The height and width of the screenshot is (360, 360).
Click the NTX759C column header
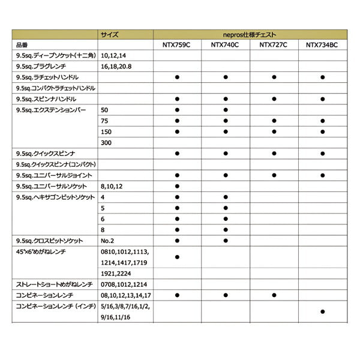point(178,45)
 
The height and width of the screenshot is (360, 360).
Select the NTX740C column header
point(226,45)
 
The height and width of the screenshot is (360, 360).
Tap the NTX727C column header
point(274,45)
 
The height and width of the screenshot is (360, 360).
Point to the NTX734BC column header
point(323,45)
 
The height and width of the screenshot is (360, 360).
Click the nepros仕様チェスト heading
point(250,35)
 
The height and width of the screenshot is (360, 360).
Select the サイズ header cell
point(110,35)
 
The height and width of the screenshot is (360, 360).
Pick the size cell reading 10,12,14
point(115,56)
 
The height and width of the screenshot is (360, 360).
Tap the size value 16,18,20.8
point(116,67)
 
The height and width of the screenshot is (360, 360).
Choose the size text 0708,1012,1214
point(125,284)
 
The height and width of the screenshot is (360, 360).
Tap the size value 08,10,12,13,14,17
point(127,295)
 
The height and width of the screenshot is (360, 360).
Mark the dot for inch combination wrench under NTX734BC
point(323,311)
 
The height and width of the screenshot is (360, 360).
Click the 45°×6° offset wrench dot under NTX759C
point(178,257)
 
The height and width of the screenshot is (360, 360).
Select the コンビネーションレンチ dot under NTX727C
point(274,295)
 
